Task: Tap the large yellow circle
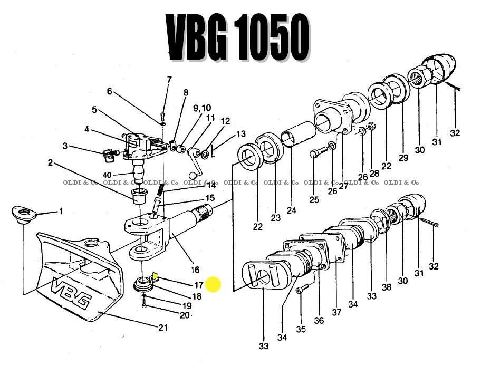pos(213,285)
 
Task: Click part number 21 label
pos(163,328)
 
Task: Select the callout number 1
pos(61,212)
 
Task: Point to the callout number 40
pos(107,175)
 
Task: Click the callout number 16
pos(195,270)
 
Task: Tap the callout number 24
pos(292,210)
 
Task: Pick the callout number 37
pos(336,312)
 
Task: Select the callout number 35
pos(301,330)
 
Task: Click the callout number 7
pos(169,80)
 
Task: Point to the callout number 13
pos(241,134)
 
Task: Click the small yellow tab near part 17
pos(156,275)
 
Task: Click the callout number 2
pos(50,163)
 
